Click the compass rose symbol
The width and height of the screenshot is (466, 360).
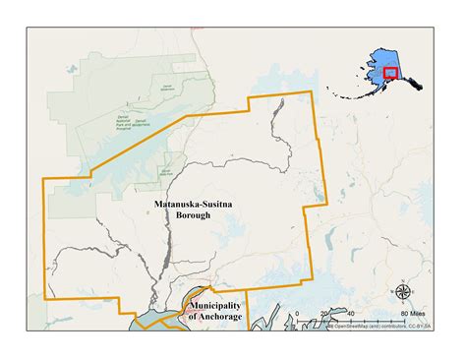click(x=402, y=292)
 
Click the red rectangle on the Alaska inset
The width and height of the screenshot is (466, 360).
click(x=390, y=72)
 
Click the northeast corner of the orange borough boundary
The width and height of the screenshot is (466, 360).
click(x=312, y=92)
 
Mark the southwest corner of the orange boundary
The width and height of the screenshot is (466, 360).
click(x=44, y=298)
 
